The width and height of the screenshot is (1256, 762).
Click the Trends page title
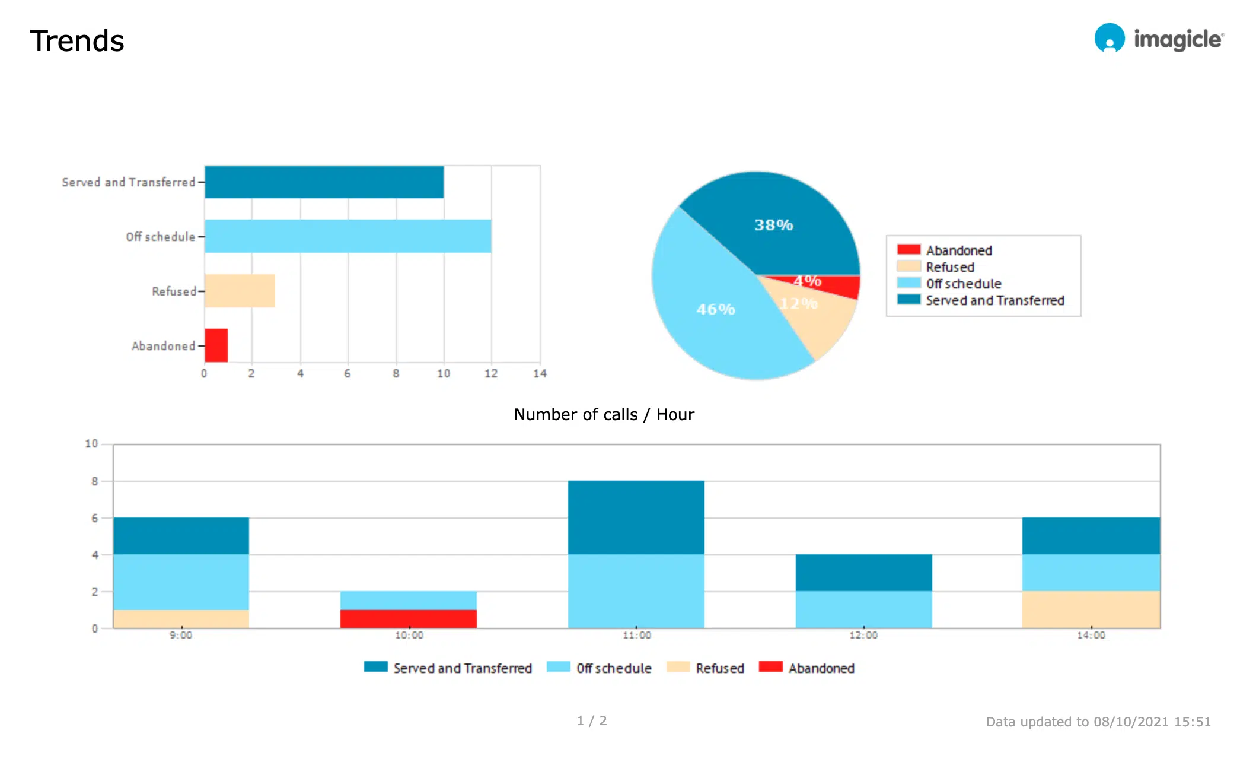point(77,41)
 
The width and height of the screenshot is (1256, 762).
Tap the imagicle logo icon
point(1109,39)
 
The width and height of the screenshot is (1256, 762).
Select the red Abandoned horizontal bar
point(216,345)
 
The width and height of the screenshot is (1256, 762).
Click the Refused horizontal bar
point(240,291)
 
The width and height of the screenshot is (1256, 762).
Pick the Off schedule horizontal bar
point(348,236)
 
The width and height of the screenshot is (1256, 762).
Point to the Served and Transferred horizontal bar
point(324,182)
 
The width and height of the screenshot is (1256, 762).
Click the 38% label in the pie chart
point(773,225)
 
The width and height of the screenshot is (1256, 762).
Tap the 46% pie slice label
point(715,309)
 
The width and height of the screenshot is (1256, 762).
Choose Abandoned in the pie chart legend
point(958,250)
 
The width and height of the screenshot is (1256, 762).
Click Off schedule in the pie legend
point(963,284)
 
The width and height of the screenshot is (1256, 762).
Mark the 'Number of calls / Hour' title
point(604,414)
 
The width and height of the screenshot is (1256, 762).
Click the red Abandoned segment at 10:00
point(408,618)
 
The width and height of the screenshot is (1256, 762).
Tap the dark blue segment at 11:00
point(636,517)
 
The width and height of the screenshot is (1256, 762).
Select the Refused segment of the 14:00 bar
point(1091,609)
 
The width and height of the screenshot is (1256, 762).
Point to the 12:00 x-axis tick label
point(863,635)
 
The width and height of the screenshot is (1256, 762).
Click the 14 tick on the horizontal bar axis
point(540,373)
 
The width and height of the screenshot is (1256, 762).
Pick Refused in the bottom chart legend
point(719,668)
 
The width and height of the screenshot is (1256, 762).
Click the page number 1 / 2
point(592,720)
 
